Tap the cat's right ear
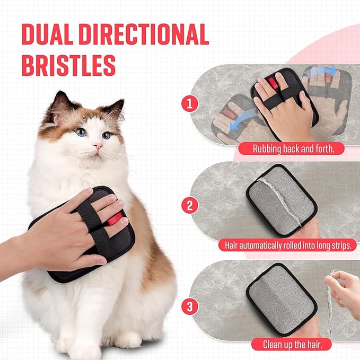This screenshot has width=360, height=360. point(115,109)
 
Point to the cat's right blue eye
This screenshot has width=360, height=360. point(107,135)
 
